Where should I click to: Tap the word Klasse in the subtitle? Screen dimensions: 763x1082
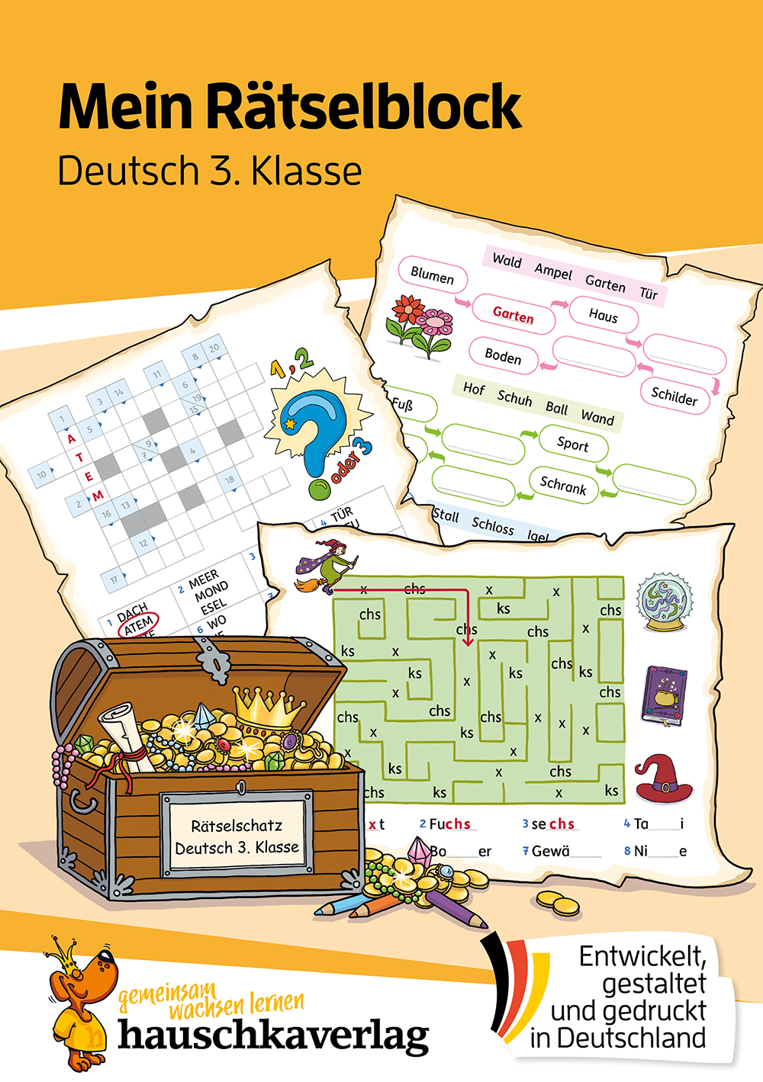(307, 172)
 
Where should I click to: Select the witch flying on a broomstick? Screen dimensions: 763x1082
(327, 566)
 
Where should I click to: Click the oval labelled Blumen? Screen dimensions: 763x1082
(432, 275)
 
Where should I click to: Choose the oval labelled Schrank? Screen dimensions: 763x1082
(563, 485)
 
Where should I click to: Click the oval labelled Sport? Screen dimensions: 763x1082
(572, 444)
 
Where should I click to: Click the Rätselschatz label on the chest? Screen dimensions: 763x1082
(237, 836)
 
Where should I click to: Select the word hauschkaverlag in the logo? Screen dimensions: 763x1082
(273, 1035)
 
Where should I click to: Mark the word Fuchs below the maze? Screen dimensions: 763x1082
(450, 824)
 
